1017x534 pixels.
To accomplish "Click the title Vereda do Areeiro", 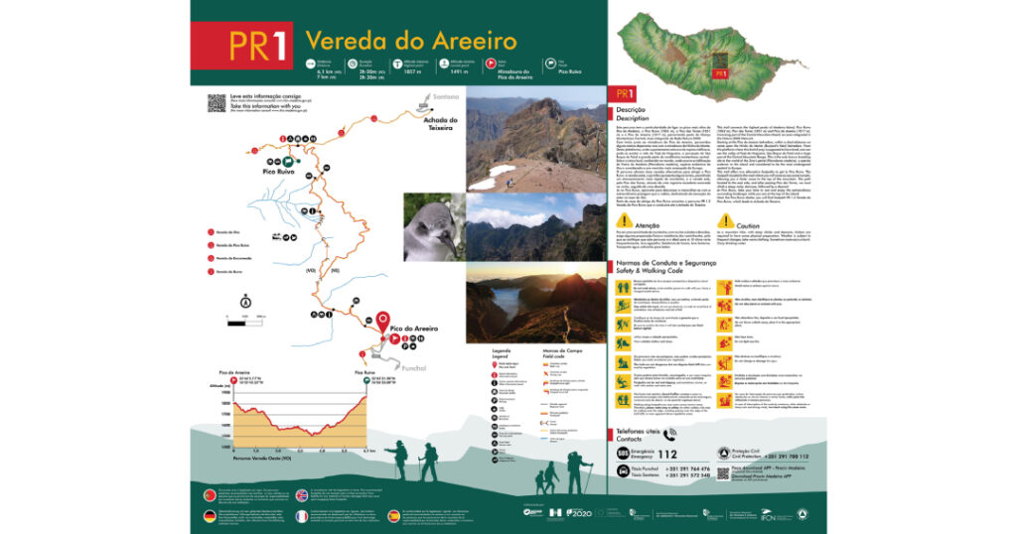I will coord(410,41).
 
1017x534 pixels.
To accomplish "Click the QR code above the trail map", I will coord(215,103).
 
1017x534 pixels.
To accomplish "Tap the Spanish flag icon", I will coord(393,516).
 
